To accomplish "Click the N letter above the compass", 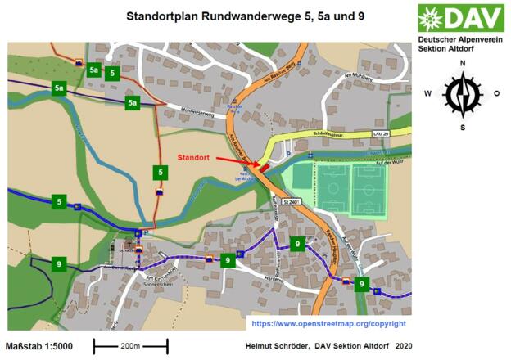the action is coord(462,63).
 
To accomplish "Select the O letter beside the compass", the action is coord(496,93).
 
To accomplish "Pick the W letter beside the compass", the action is coord(427,93).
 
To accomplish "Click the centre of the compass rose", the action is coord(462,94).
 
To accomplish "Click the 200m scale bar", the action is coord(130,346).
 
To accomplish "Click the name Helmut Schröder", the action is coord(278,346).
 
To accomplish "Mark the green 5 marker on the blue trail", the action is coord(59,201).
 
